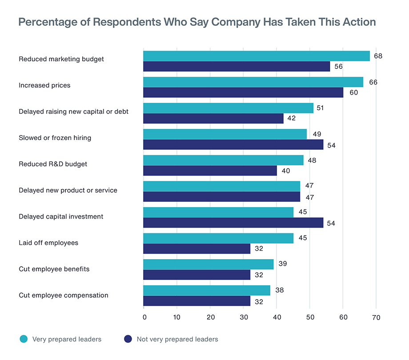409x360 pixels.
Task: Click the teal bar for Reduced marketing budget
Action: tap(256, 56)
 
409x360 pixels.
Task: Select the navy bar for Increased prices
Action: tap(243, 92)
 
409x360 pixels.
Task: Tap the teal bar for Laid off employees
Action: tap(218, 238)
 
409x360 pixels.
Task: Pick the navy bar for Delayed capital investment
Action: tap(233, 223)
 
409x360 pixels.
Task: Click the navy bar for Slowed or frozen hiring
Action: tap(233, 144)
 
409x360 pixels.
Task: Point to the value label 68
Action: tap(378, 56)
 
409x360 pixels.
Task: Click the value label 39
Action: tap(282, 264)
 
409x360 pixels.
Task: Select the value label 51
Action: tap(320, 108)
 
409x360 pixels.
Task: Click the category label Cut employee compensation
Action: tap(63, 295)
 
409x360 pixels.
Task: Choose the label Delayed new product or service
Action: tap(68, 190)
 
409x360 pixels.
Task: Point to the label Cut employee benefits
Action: tap(54, 269)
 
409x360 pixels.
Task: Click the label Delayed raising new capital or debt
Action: tap(73, 112)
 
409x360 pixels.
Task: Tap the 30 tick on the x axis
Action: tap(243, 317)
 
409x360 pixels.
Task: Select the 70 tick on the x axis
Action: tap(376, 317)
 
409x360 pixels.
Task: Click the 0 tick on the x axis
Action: tap(144, 317)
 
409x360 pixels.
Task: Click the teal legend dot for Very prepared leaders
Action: tap(24, 339)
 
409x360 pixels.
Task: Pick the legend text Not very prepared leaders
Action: tap(177, 339)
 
